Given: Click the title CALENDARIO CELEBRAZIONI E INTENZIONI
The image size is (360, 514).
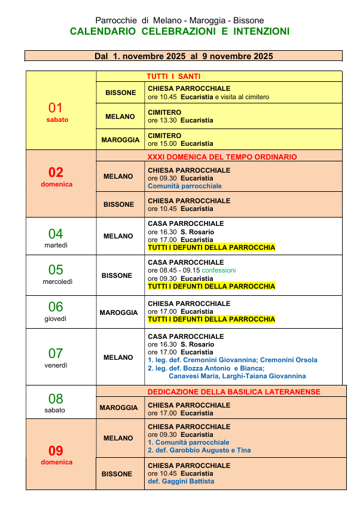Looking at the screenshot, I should point(179,31).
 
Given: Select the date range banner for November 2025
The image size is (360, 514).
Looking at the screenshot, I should point(184,56).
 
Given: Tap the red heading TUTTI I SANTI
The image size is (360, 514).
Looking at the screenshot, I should point(173,77).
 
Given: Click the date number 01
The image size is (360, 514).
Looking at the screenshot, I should point(56,108).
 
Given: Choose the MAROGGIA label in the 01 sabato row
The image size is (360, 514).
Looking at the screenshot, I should point(120,140).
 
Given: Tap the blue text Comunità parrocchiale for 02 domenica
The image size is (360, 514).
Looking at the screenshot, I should point(185,186).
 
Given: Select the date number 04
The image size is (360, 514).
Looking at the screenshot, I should point(56,234).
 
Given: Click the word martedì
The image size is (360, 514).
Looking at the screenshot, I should point(56,245).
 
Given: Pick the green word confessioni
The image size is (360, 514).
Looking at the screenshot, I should point(219,270).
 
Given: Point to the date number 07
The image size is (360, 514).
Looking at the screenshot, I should point(56,353).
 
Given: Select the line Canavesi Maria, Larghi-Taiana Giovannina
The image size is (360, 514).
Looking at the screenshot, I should point(237,376).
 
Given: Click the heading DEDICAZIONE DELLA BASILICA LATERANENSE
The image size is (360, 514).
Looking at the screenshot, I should point(234,392).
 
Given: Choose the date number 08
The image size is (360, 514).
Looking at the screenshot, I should point(56,399).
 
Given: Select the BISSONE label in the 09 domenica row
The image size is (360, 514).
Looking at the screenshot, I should point(117,474).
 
